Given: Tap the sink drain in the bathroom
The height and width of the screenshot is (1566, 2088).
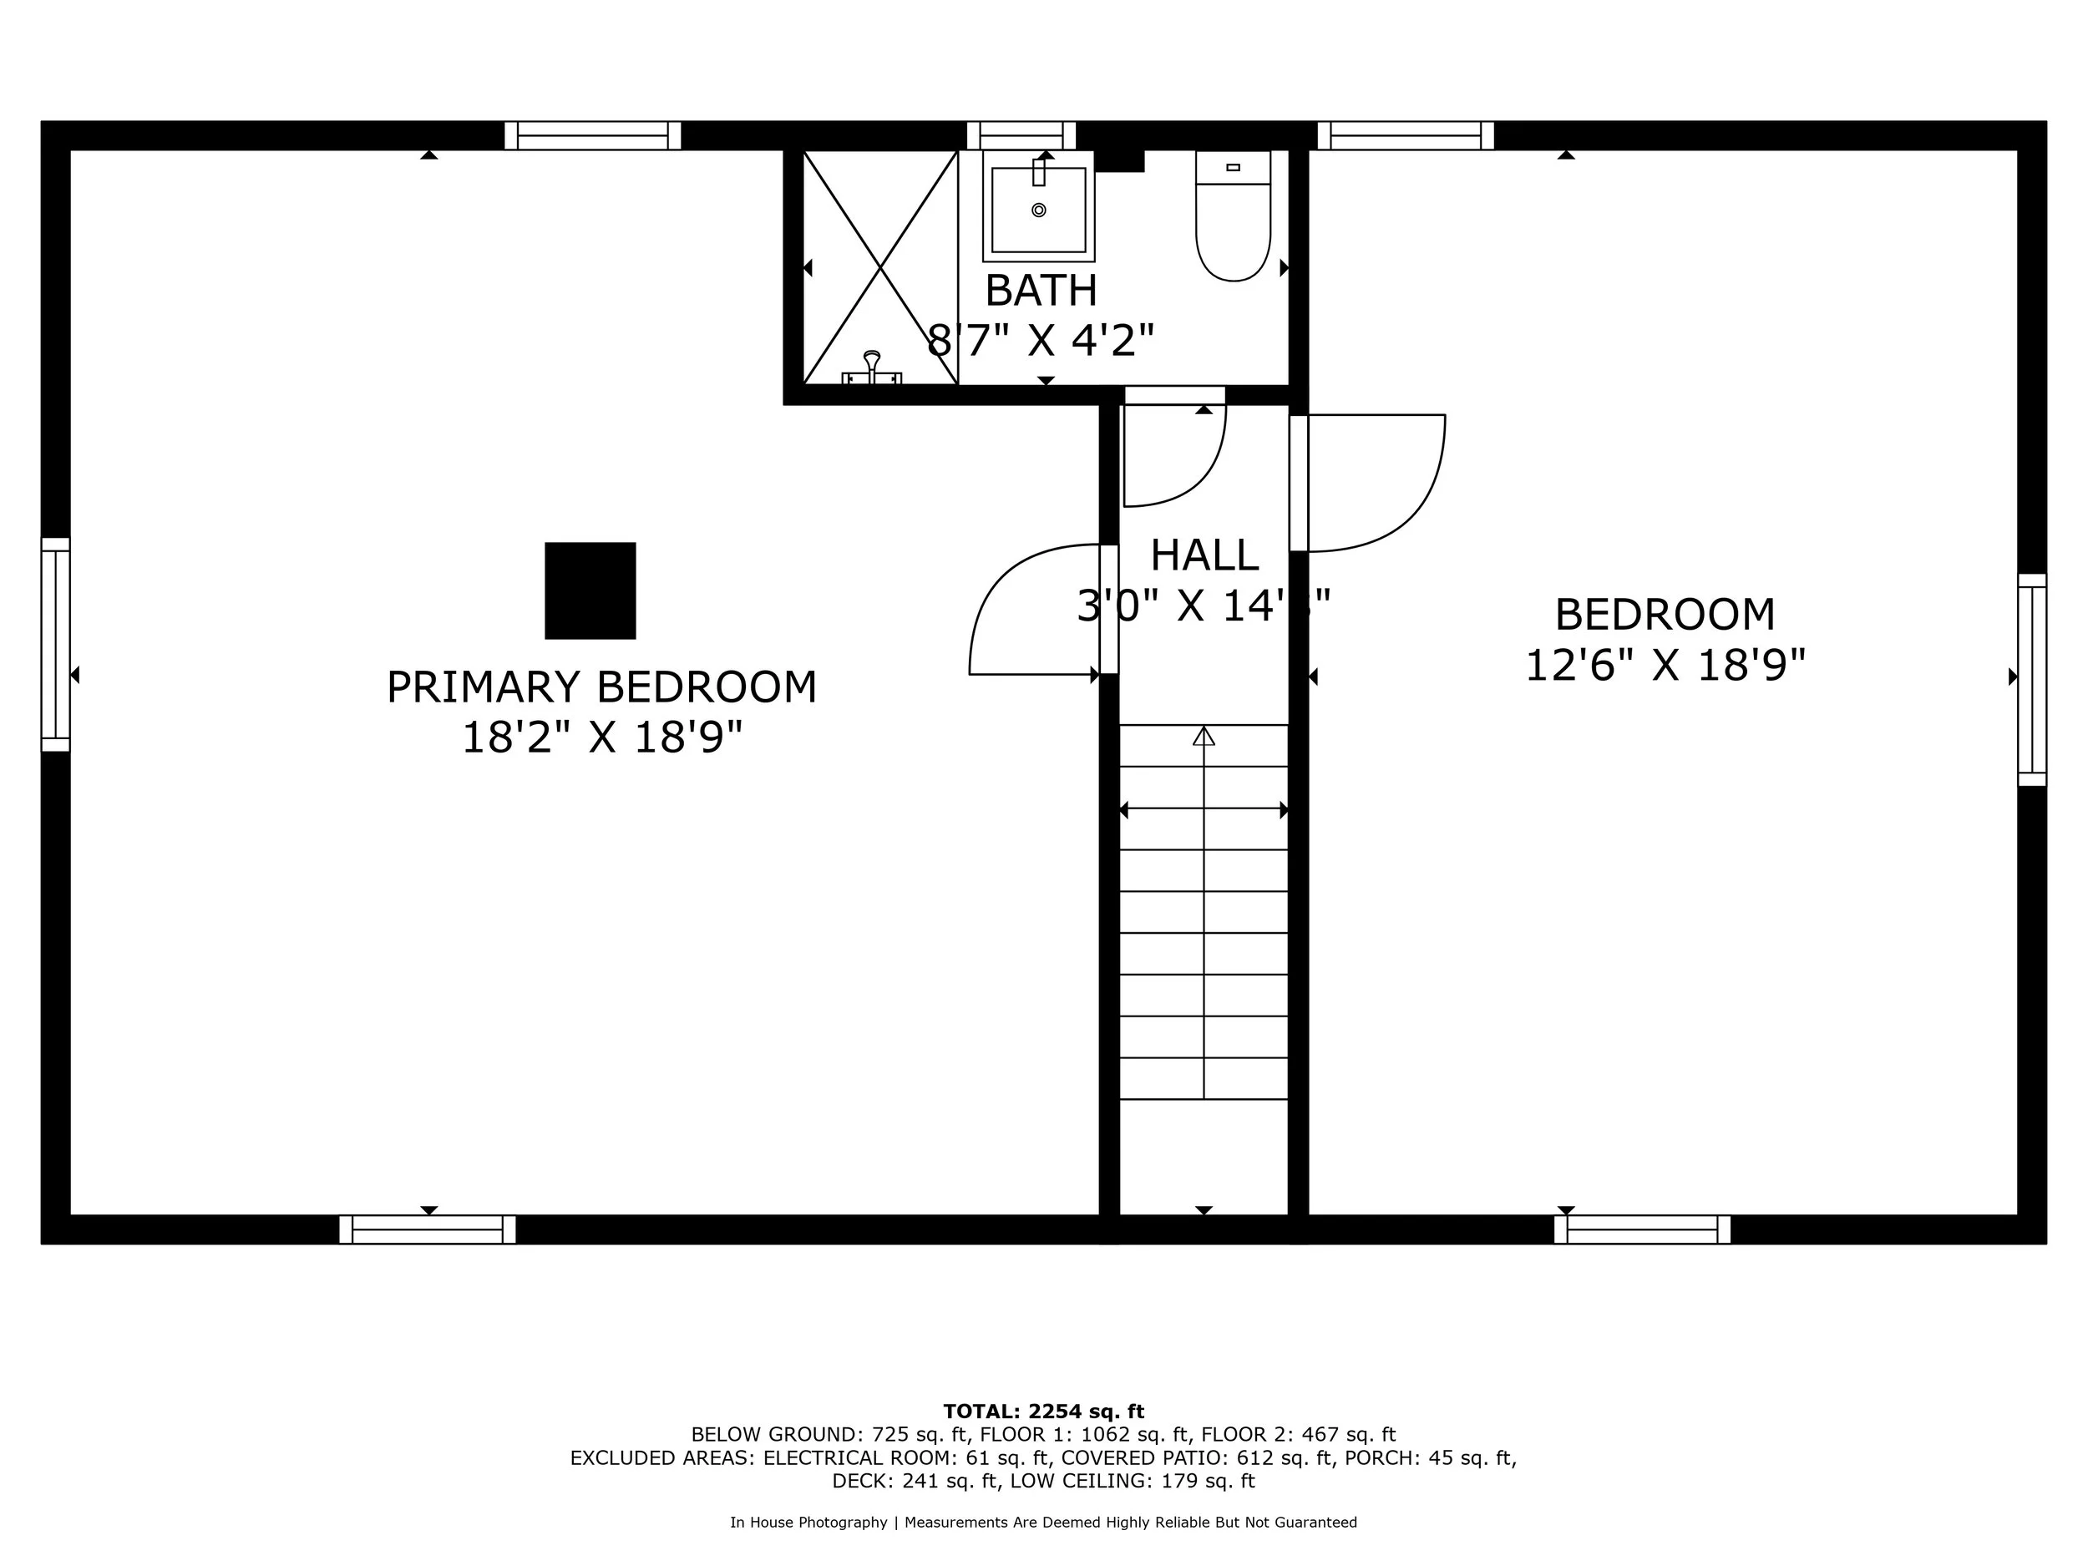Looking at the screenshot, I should pyautogui.click(x=1038, y=210).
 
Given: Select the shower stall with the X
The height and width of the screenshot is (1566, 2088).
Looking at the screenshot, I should pyautogui.click(x=879, y=267).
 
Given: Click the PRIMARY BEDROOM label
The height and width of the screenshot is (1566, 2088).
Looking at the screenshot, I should pyautogui.click(x=601, y=687).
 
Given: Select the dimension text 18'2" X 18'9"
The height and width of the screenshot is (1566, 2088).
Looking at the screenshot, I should pyautogui.click(x=601, y=737).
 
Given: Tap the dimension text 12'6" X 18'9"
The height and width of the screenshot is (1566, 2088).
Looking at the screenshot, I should pyautogui.click(x=1665, y=666).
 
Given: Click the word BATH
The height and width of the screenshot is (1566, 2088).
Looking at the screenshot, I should pyautogui.click(x=1041, y=290).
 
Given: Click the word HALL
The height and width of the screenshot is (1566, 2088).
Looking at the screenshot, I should pyautogui.click(x=1204, y=555).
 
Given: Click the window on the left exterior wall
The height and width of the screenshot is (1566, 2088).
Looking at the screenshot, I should pyautogui.click(x=56, y=645).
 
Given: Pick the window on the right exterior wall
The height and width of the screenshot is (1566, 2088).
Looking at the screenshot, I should pyautogui.click(x=2031, y=680).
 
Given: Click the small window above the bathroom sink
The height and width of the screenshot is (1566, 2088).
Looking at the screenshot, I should pyautogui.click(x=1021, y=135).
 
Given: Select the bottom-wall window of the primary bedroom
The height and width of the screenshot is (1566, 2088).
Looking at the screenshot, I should pyautogui.click(x=428, y=1229).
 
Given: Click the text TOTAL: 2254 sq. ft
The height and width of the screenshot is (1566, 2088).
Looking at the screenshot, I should pyautogui.click(x=1043, y=1411).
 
